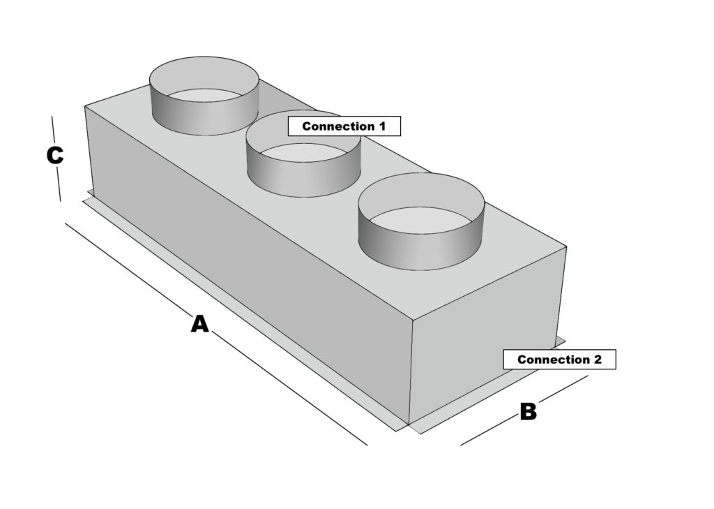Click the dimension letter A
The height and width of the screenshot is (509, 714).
[200, 324]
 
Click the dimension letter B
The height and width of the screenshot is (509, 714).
[529, 412]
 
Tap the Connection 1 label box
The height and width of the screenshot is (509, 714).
[345, 126]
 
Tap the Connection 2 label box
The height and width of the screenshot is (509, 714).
[559, 360]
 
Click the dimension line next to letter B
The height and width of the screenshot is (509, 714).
[488, 431]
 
